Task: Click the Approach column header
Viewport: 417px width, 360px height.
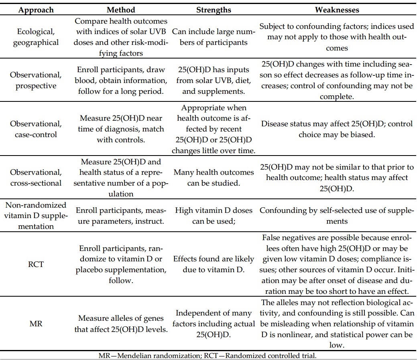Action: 36,9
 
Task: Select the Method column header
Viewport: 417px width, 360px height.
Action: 121,9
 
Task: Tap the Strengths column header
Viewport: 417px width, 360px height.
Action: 213,9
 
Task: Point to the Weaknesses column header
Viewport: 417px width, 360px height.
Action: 337,9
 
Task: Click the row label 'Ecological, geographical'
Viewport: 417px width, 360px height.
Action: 36,37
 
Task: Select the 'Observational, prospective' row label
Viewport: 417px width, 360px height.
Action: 36,80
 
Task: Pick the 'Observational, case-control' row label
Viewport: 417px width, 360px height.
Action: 36,129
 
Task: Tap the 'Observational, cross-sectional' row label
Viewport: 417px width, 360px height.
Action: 36,178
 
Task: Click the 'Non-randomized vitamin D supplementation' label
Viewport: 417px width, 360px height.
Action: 36,216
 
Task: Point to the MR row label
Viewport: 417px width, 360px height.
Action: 36,324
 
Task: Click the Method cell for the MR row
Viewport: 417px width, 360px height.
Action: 121,324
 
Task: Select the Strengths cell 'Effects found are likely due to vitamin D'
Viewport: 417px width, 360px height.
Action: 213,264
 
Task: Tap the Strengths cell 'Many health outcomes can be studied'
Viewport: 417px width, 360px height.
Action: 213,178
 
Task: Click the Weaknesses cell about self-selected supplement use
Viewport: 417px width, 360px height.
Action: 337,216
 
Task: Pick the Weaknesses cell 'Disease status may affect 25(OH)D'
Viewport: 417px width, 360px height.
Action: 337,129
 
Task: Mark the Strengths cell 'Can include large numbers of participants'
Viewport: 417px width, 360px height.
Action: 213,37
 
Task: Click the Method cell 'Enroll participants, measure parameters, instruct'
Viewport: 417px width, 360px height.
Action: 121,216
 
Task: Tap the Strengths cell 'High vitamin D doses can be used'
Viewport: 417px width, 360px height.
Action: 213,216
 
